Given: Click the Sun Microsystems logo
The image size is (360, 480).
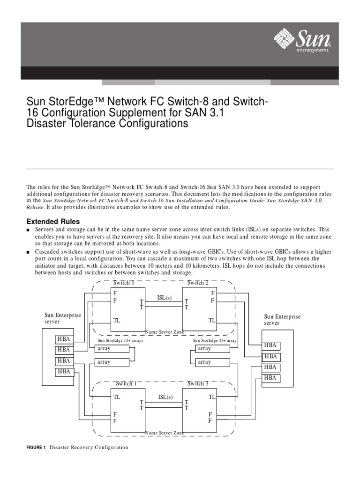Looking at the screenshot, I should pos(304,41).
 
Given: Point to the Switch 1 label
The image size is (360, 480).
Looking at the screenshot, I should pos(124,383).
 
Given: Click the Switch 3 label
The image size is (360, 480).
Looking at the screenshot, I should pos(198,383).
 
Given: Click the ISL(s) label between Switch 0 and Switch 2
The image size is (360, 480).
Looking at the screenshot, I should pos(165,297).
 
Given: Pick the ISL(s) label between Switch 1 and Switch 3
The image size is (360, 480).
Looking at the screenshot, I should pos(165,397).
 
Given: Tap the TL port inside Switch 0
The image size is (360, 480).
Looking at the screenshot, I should pos(117,321).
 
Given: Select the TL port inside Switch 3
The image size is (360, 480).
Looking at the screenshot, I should pos(212,397).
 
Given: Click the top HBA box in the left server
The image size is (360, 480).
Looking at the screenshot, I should pos(63,338).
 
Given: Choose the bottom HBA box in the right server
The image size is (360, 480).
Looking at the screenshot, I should pos(270,378).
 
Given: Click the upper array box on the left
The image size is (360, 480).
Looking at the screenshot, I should pos(112,349).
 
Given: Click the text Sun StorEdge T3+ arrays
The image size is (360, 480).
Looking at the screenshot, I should pos(120,341).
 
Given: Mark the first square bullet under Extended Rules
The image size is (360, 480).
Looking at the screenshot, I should pos(28,230).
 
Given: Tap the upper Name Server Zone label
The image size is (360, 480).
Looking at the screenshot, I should pos(165,332).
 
